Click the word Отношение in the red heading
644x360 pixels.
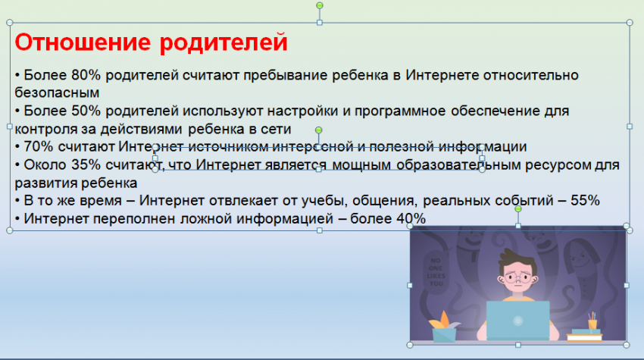[x=83, y=42]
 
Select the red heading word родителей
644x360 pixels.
[x=224, y=42]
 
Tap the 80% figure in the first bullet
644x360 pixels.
[x=86, y=75]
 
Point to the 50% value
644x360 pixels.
[x=86, y=111]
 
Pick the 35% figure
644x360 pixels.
[x=86, y=164]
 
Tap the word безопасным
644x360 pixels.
[x=57, y=93]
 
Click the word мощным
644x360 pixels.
[x=361, y=164]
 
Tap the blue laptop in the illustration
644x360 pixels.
[x=518, y=321]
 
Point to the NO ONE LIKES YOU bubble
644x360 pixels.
[x=436, y=271]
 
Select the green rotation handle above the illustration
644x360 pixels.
[x=518, y=209]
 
